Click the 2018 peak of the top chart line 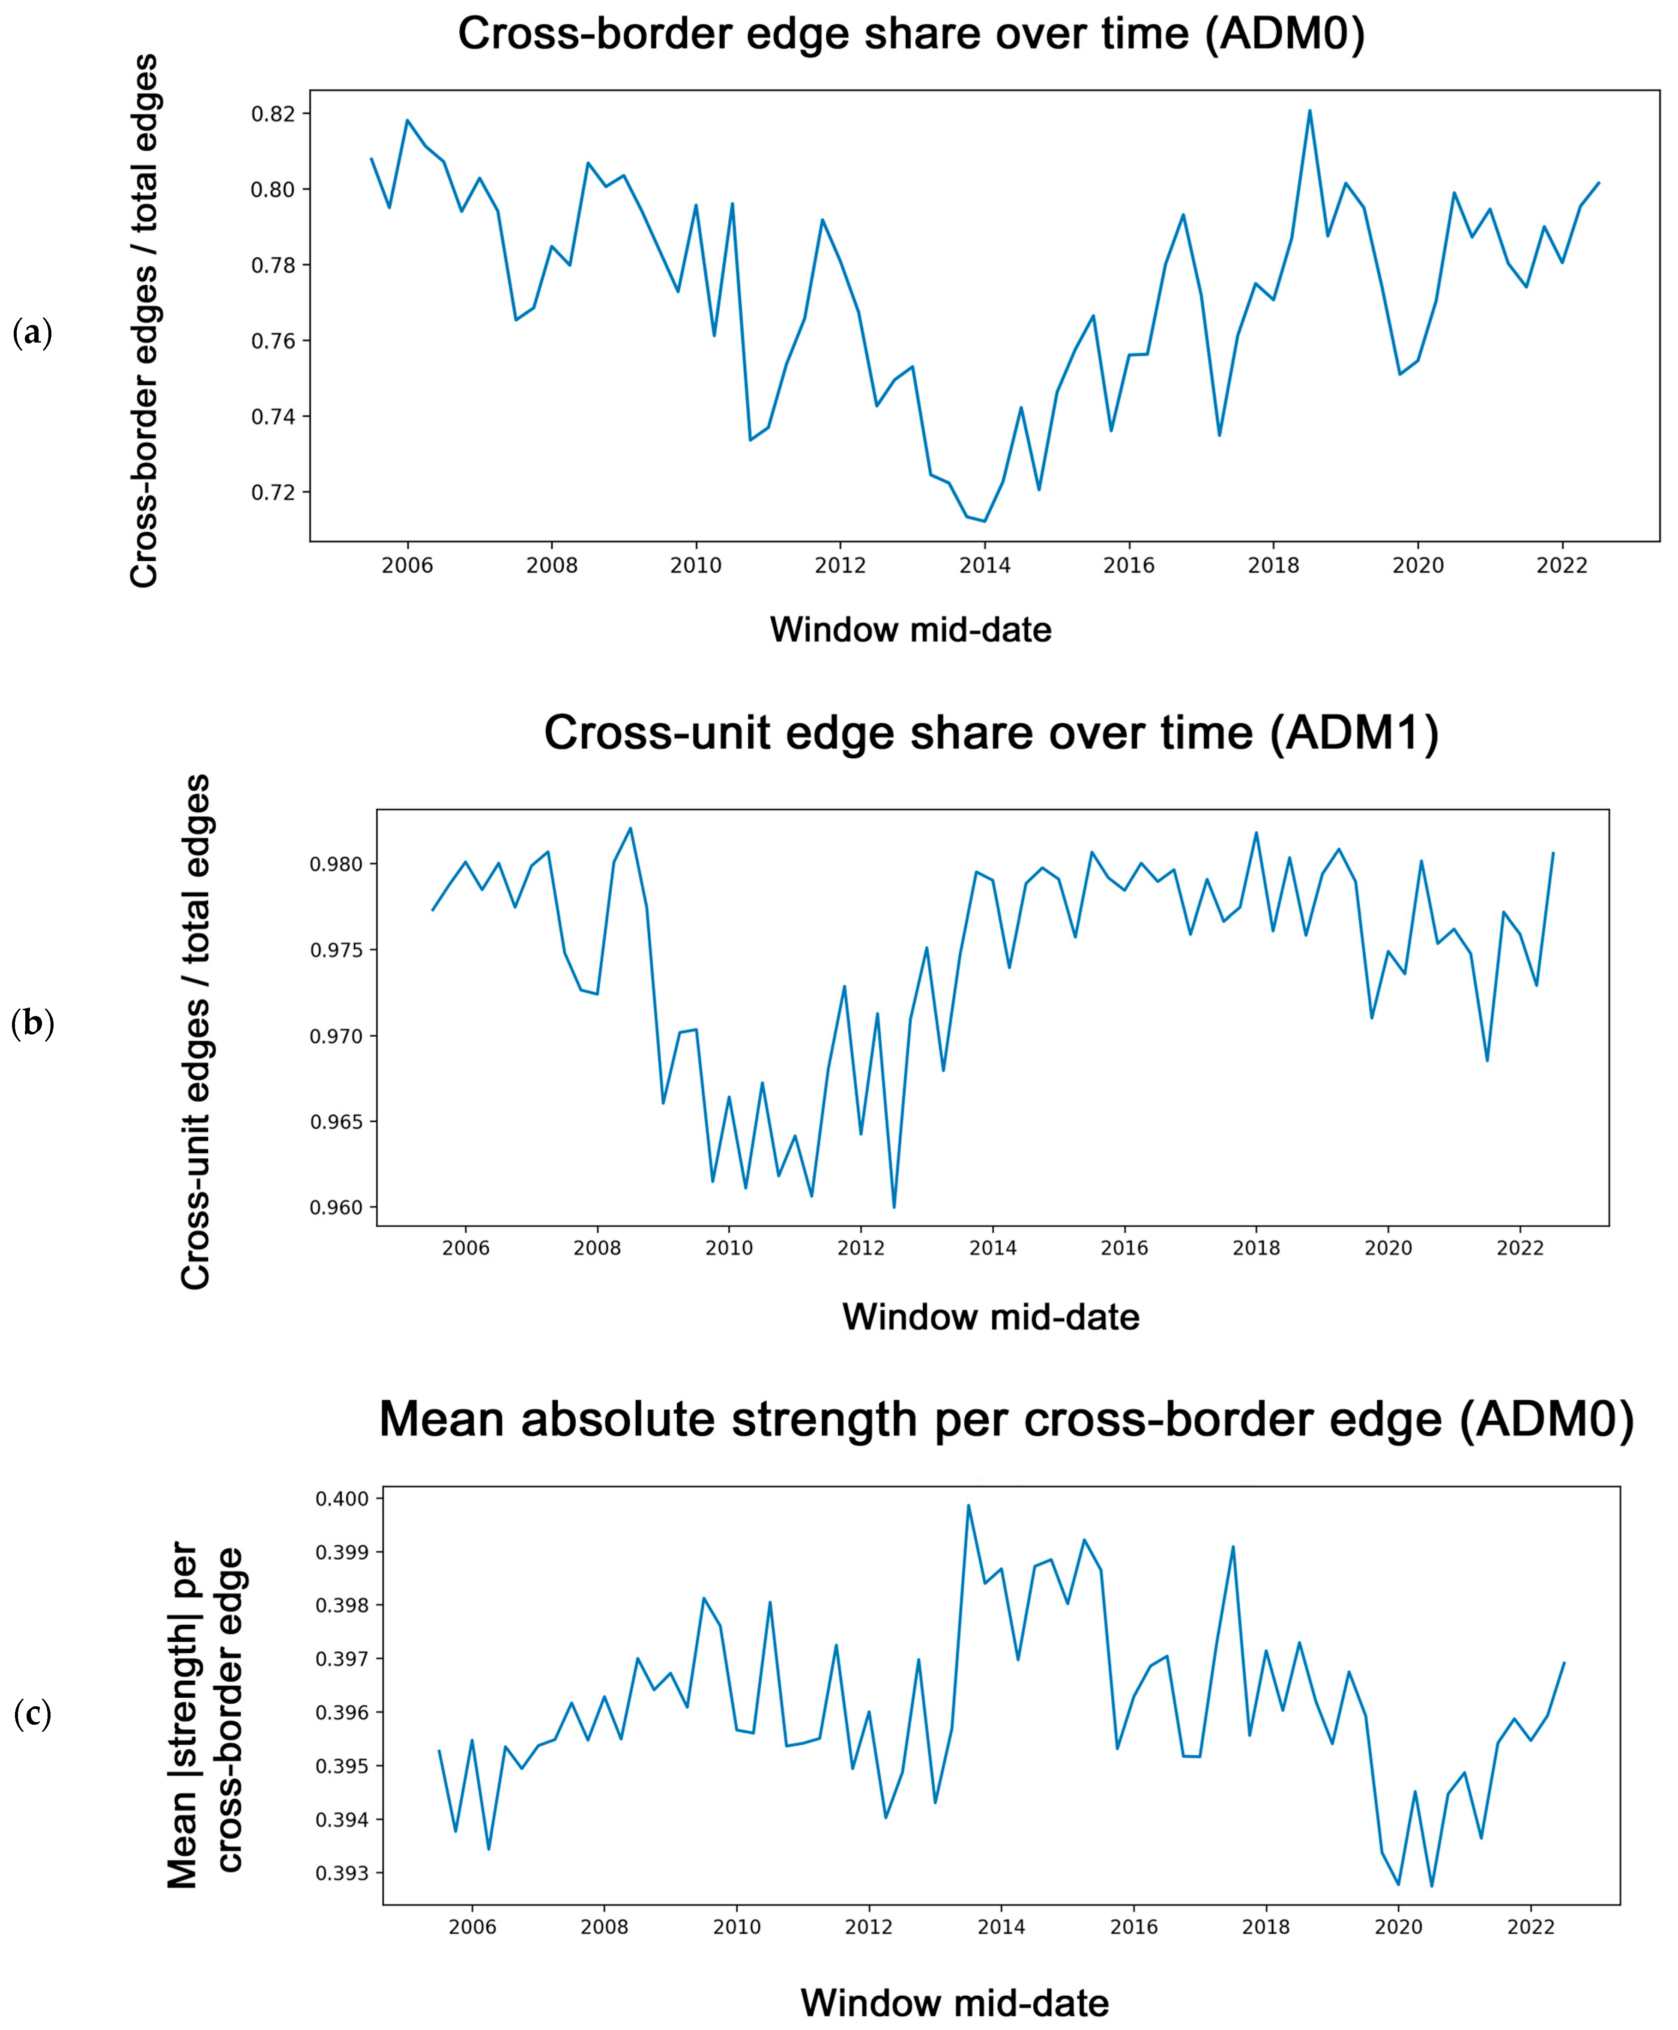pyautogui.click(x=1310, y=110)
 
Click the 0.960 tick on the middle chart pyautogui.click(x=336, y=1208)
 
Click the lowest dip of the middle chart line pyautogui.click(x=894, y=1207)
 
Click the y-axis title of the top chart pyautogui.click(x=144, y=321)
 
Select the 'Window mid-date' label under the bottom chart pyautogui.click(x=955, y=2003)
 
